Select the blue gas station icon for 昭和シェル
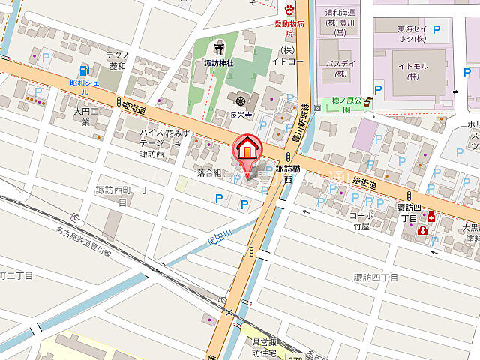click(84, 69)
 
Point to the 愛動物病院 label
click(289, 29)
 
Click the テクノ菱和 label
click(118, 61)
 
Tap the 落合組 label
click(209, 173)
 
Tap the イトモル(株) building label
click(412, 71)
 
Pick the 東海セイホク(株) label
click(412, 34)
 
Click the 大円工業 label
click(86, 116)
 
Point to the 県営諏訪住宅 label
click(264, 346)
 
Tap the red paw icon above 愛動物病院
click(289, 9)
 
